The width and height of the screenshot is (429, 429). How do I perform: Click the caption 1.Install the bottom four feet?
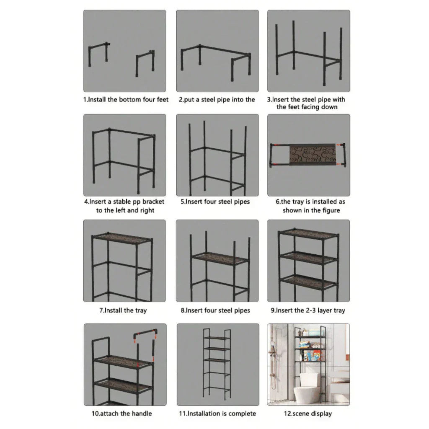coord(125,100)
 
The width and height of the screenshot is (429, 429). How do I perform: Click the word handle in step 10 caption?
coord(141,413)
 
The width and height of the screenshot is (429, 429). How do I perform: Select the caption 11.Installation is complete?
coord(217,413)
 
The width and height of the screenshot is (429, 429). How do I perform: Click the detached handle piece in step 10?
coord(146,335)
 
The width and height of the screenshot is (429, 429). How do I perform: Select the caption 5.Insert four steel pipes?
coord(215,202)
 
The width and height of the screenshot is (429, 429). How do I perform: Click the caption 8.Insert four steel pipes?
coord(215,310)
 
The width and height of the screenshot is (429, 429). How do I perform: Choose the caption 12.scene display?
coord(308,413)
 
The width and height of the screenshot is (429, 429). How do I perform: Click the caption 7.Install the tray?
coord(123,310)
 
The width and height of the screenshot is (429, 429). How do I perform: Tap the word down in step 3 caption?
coord(329,107)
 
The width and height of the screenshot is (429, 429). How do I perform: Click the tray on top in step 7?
coord(121,238)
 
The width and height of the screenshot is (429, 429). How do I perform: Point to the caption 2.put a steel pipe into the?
coord(217,100)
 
